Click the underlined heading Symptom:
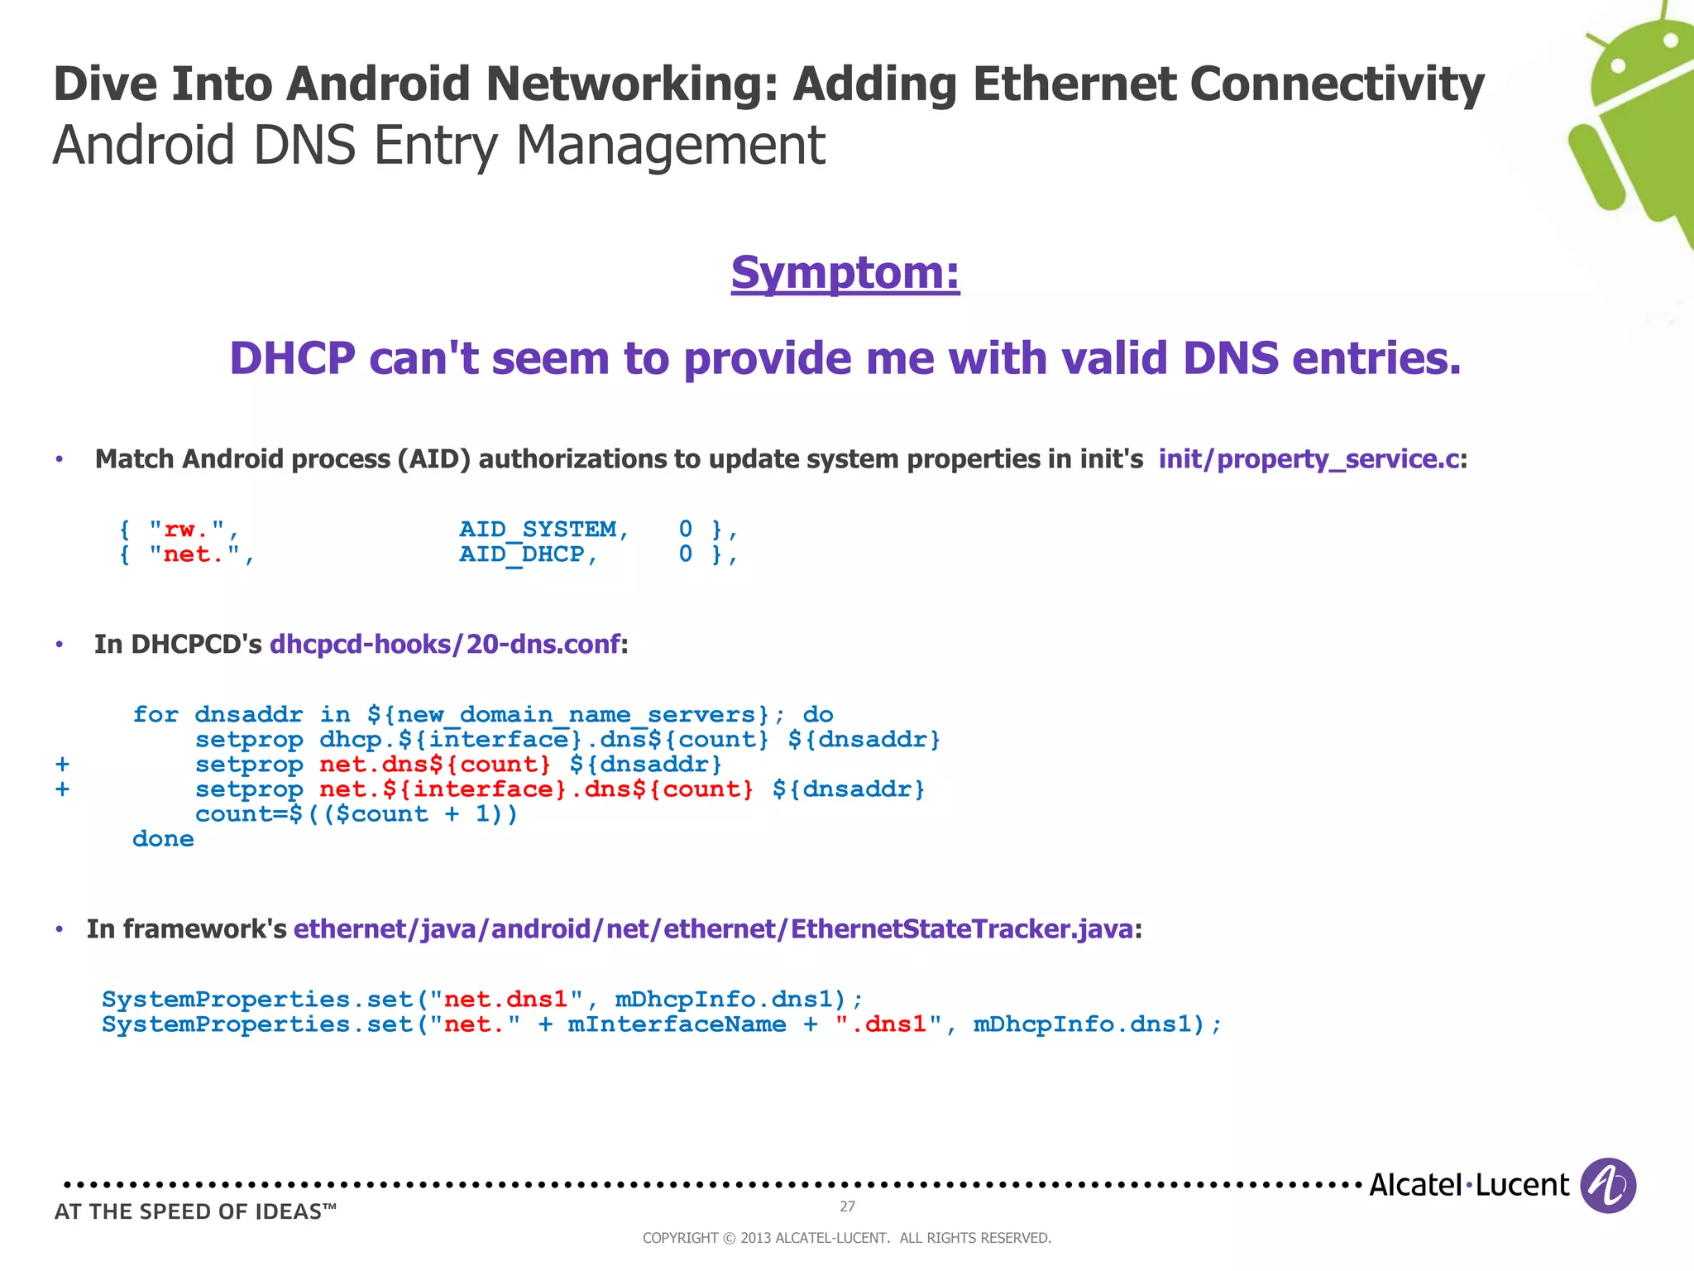845,273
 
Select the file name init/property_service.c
1309,459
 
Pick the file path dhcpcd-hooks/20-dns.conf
444,644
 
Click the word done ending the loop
163,839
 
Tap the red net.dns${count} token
434,765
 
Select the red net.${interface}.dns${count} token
536,789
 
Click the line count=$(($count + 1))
356,814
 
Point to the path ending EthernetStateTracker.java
713,929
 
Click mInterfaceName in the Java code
677,1024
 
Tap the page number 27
847,1206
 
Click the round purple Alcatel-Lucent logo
1607,1185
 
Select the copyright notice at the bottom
846,1238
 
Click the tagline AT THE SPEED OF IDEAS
195,1211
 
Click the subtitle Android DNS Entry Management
438,146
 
